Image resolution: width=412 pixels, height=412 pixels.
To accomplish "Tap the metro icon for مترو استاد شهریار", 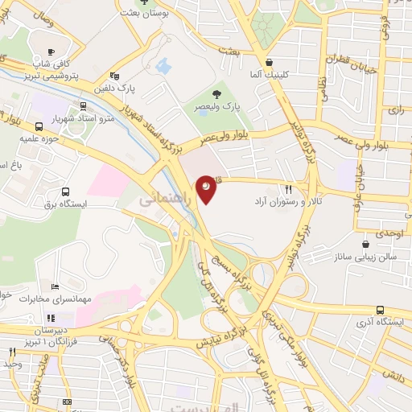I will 84,106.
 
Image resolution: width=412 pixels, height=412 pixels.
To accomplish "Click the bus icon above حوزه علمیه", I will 39,126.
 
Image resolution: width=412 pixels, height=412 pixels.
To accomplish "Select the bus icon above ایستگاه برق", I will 65,192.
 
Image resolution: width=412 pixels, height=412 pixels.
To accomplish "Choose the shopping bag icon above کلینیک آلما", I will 270,61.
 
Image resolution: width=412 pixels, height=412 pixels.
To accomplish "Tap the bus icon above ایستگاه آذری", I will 380,310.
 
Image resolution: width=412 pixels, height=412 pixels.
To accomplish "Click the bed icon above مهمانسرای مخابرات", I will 55,286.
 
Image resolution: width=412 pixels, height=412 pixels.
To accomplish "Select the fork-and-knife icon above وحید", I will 11,352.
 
